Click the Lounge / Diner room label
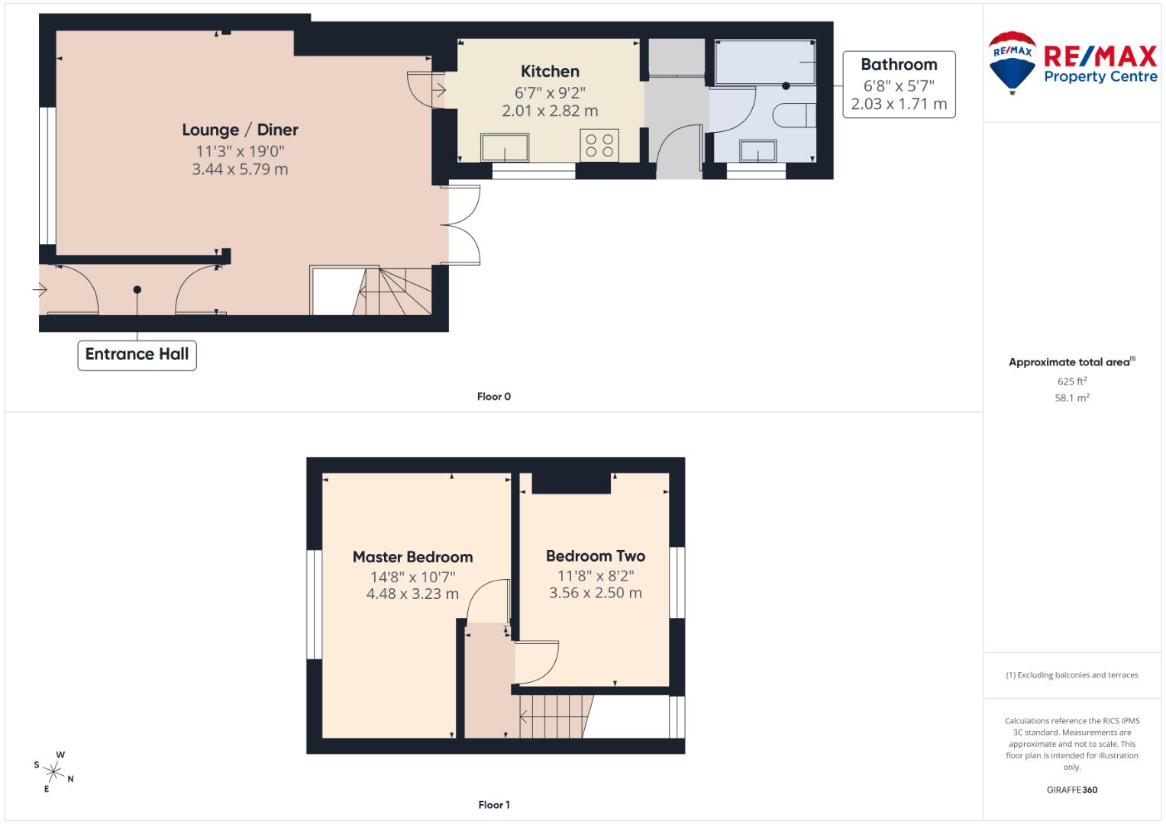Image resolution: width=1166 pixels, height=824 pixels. (x=240, y=130)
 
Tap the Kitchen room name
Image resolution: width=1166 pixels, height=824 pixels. (x=550, y=71)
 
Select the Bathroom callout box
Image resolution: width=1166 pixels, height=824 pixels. (x=899, y=85)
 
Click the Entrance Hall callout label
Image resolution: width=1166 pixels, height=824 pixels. (x=137, y=355)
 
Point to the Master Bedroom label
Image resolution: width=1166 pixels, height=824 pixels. (x=412, y=557)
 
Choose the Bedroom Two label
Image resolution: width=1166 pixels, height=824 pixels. (x=596, y=556)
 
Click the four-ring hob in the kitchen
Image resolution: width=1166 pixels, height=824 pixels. (x=599, y=145)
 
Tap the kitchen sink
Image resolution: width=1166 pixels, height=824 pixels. (x=505, y=147)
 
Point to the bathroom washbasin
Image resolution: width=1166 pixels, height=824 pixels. (x=757, y=151)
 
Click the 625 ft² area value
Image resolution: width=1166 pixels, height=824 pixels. (x=1071, y=381)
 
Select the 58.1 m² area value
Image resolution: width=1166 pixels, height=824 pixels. (x=1071, y=398)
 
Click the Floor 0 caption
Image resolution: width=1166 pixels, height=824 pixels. (x=494, y=397)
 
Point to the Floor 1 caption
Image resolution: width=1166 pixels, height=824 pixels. (x=494, y=805)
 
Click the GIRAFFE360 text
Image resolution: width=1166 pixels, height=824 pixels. (x=1071, y=790)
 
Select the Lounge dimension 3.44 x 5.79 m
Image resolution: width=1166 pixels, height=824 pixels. (x=240, y=169)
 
